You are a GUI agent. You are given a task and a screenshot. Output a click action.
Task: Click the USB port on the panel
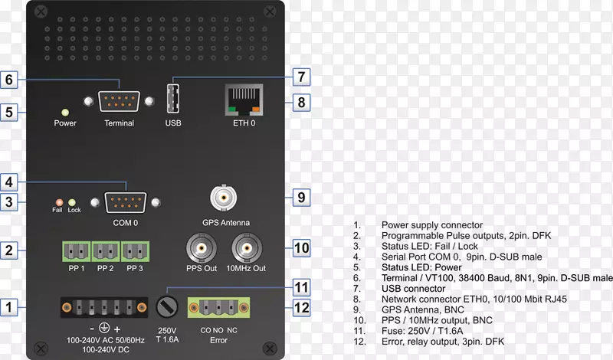coord(172,100)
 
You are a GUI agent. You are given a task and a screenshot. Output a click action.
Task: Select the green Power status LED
coord(65,112)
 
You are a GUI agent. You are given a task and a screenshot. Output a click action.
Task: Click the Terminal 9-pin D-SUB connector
coord(119,101)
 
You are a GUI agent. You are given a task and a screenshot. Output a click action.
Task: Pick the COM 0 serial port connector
coord(125,202)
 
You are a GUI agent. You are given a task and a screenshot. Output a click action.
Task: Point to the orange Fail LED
coord(57,201)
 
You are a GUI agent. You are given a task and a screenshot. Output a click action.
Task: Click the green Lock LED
coord(74,201)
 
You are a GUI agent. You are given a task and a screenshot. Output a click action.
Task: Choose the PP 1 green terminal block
coord(75,251)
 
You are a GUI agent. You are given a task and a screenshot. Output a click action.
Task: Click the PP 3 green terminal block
coord(135,251)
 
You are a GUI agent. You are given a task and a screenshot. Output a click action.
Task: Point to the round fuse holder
coord(166,307)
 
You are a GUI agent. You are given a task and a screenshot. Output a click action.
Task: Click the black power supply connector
coord(104,307)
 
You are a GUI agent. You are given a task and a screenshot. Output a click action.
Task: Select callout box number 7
coord(301,77)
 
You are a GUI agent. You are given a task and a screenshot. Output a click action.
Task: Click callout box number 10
coord(301,247)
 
